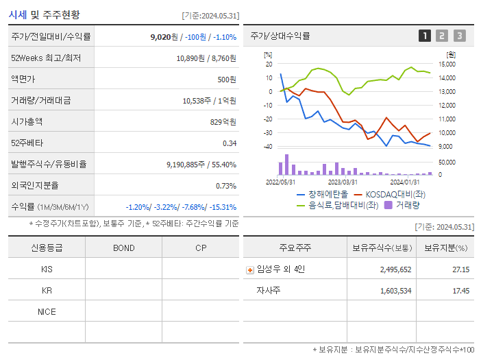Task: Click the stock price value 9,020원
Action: [x=164, y=37]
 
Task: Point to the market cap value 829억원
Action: [x=223, y=122]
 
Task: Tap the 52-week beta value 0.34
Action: [x=230, y=143]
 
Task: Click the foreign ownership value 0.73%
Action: [x=226, y=186]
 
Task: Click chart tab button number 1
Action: [x=425, y=36]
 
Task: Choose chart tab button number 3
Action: [x=459, y=36]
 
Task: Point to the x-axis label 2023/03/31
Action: [x=343, y=182]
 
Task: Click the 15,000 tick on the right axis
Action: [x=447, y=64]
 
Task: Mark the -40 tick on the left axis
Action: [x=268, y=147]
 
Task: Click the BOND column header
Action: [x=123, y=248]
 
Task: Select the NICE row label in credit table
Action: [x=47, y=311]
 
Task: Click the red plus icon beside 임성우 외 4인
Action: [x=249, y=270]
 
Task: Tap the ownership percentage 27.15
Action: [x=460, y=269]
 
